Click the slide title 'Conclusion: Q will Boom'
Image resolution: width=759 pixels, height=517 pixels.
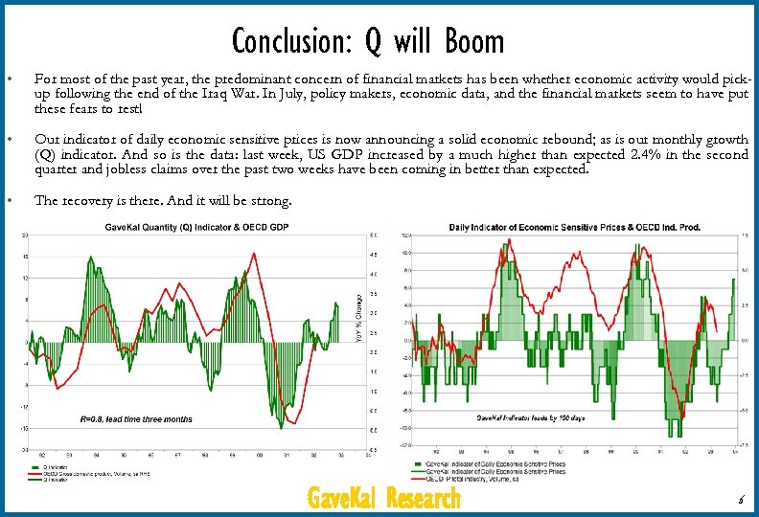367,41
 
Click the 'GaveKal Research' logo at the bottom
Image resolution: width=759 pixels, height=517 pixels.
383,499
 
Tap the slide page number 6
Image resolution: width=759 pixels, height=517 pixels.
740,501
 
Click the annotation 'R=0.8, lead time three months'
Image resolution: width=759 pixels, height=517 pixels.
136,418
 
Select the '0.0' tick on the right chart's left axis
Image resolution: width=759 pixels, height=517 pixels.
406,340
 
